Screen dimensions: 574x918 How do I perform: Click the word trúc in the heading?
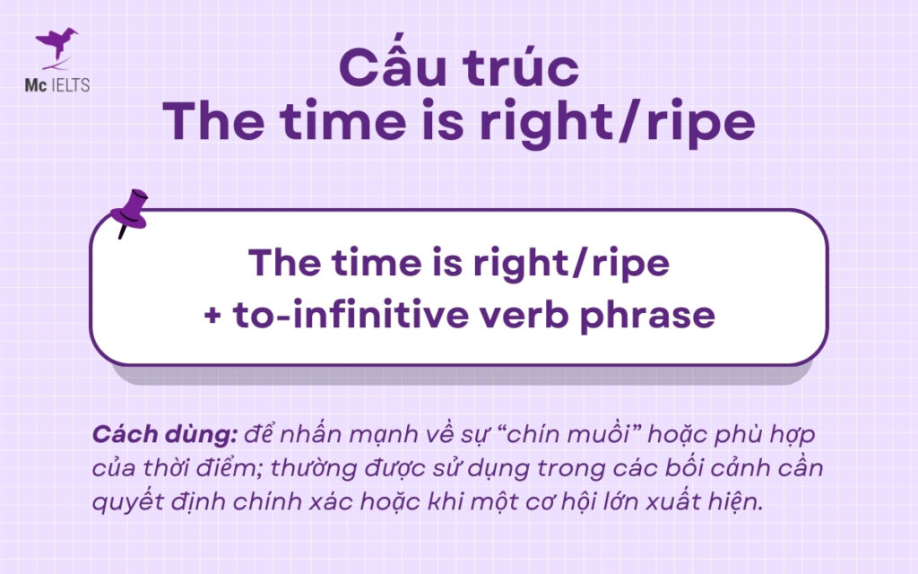tap(523, 69)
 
